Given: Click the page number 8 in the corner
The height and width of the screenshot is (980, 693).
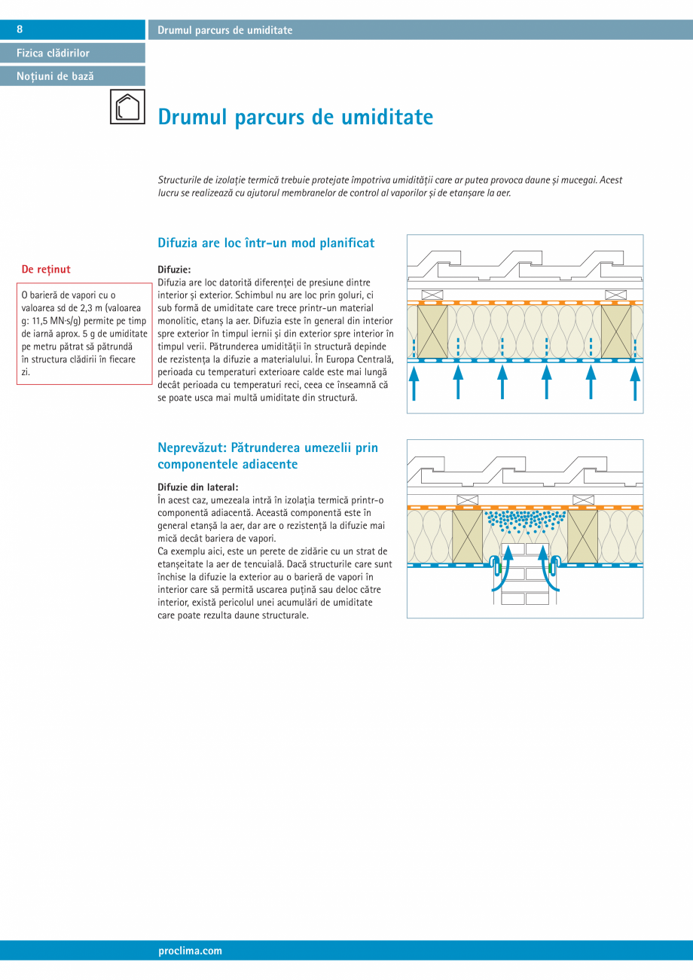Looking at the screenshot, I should click(20, 29).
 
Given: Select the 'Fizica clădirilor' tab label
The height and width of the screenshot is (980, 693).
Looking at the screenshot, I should click(53, 53).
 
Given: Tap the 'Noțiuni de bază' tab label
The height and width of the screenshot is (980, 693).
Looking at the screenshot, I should click(56, 76).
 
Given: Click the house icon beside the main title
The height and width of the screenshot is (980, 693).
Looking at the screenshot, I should click(127, 107).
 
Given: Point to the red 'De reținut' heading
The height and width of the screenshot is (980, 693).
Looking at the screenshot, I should click(46, 269).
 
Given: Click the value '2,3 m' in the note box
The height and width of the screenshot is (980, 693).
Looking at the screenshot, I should click(96, 307).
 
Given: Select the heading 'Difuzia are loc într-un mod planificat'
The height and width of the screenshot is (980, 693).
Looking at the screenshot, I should click(266, 243).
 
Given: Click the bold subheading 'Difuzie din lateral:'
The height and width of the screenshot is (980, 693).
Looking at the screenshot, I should click(198, 487).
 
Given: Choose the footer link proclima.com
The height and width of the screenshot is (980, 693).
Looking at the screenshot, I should click(191, 951).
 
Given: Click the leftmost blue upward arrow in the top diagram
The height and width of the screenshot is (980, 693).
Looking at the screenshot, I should click(414, 382).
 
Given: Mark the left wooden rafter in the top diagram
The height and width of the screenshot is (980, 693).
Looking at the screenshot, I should click(432, 331).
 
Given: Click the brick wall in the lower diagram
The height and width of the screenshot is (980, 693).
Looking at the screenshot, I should click(525, 572).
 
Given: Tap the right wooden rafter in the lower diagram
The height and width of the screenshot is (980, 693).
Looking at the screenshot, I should click(582, 537).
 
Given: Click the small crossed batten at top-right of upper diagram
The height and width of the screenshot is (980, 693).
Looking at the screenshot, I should click(615, 295).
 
